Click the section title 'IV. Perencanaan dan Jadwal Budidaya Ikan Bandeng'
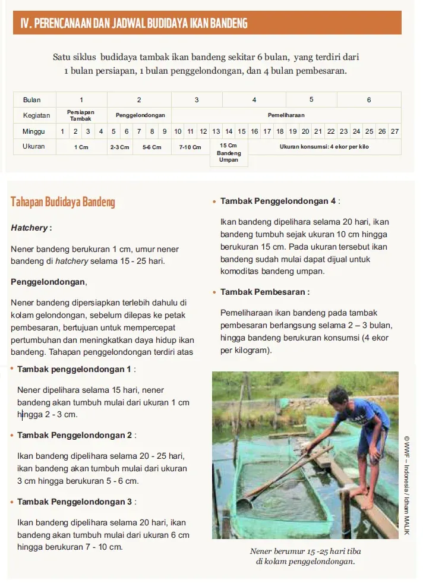[134, 23]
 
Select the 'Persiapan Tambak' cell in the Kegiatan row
[81, 115]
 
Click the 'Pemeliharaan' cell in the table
[286, 115]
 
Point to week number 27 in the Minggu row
[394, 131]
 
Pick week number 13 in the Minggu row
[216, 131]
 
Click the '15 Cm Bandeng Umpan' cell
[229, 153]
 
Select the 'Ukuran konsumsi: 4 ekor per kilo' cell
[324, 147]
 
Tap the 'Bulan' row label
[32, 100]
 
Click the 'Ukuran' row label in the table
[34, 147]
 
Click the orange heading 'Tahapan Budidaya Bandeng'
[63, 202]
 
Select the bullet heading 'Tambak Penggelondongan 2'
[74, 435]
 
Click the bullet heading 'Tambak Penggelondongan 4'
[277, 201]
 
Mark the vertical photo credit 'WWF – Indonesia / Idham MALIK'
[407, 485]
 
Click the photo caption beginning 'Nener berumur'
[305, 556]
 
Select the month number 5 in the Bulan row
[311, 100]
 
